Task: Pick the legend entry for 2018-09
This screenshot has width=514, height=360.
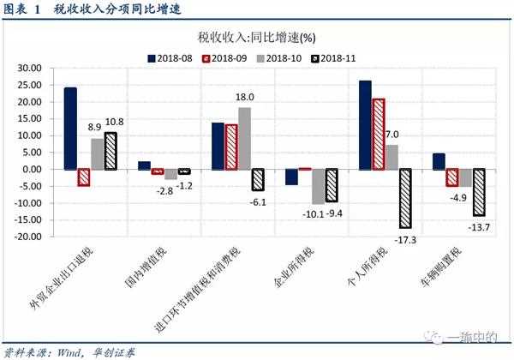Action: click(x=228, y=58)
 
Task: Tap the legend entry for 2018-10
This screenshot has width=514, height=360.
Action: click(x=287, y=58)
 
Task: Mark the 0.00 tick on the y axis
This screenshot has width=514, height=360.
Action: click(x=33, y=169)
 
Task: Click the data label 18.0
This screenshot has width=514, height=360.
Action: click(x=244, y=98)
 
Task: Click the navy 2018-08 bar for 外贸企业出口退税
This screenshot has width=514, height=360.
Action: click(x=70, y=128)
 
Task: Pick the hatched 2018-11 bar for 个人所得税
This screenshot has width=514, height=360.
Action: click(x=405, y=198)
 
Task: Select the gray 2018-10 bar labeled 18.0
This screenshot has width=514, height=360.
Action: click(x=244, y=138)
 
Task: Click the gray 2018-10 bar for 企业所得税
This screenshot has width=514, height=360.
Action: click(x=319, y=185)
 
